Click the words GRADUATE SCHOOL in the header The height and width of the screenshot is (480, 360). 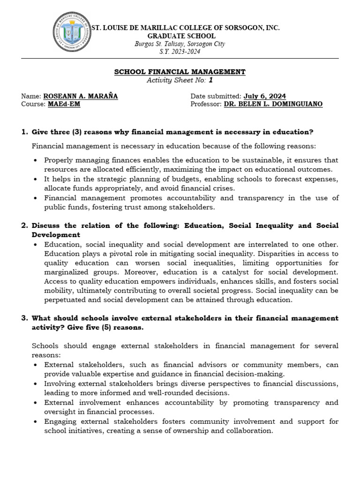point(181,36)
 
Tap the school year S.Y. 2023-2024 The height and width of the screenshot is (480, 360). point(180,52)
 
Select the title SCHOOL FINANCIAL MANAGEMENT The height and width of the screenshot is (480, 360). point(180,72)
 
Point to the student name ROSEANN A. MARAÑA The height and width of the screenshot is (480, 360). point(81,96)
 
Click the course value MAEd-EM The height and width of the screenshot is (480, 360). point(64,104)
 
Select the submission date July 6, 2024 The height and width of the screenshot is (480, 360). point(264,96)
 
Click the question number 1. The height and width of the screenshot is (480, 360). point(24,132)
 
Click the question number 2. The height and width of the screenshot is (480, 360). point(24,225)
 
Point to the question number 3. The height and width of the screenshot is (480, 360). point(24,318)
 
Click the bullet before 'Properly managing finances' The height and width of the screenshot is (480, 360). point(36,160)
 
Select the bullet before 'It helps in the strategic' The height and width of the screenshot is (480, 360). point(36,179)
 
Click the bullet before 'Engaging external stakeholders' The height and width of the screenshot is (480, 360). point(36,421)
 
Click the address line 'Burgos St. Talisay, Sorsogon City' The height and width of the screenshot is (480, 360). point(180,44)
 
